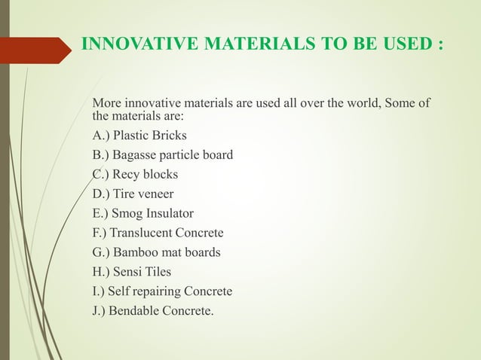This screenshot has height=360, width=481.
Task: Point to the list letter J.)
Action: pos(99,310)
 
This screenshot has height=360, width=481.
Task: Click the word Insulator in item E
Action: pos(177,213)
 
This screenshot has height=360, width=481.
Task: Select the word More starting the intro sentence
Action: pos(106,102)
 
